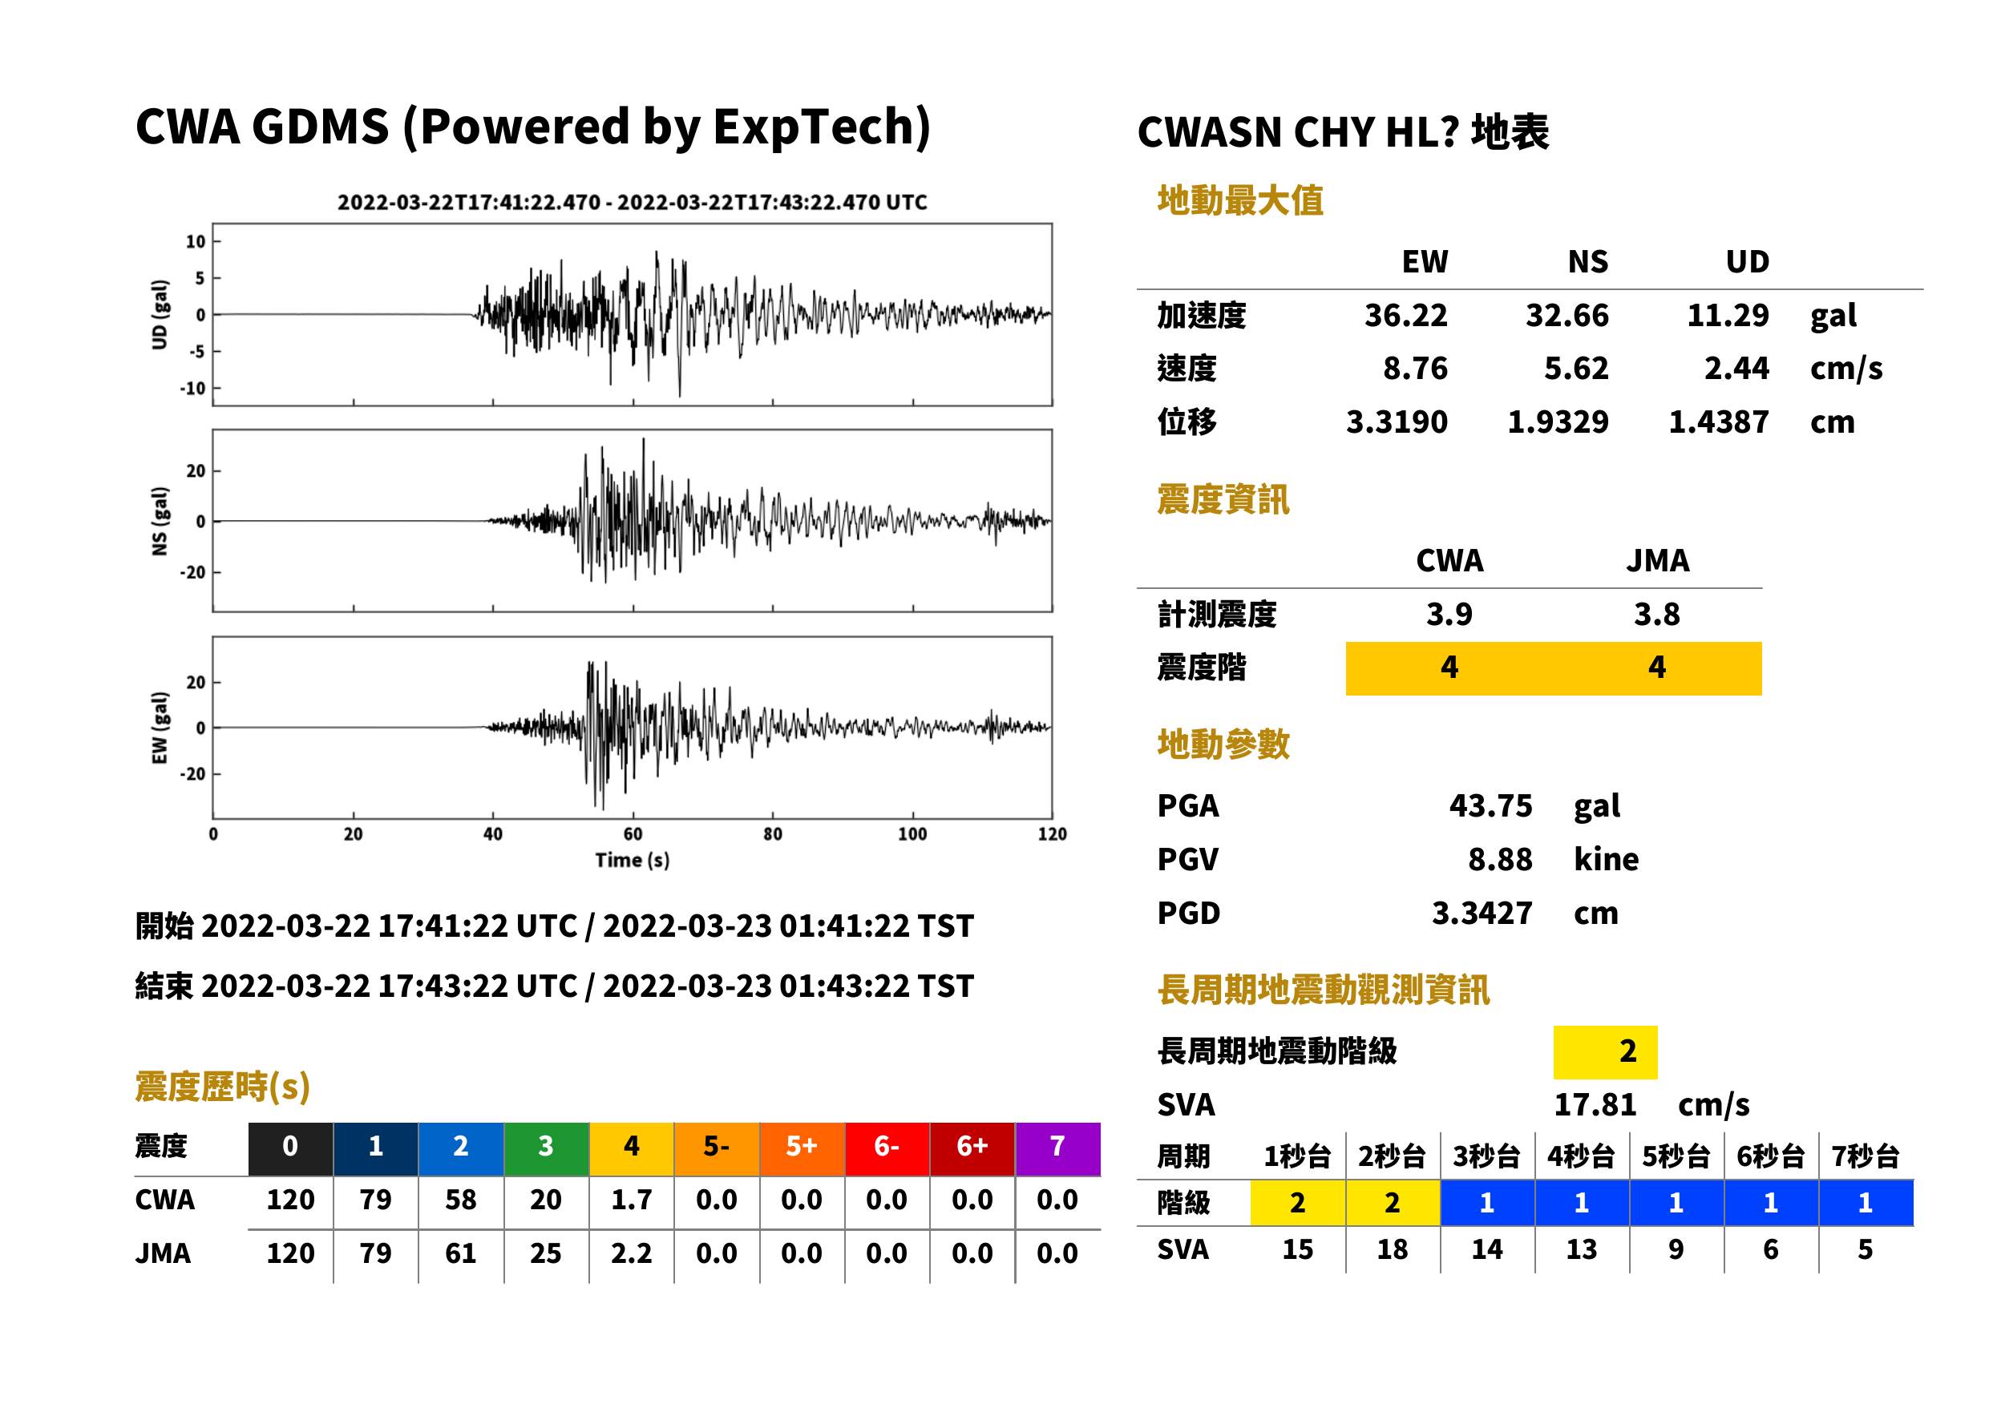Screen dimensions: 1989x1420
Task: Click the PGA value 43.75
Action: pos(1490,805)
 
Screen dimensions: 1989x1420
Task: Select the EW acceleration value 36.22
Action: pos(1405,315)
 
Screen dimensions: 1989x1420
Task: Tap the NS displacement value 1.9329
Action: pos(1558,422)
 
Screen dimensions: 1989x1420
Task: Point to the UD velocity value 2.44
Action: pos(1736,368)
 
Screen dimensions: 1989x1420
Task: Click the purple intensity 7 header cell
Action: pos(1057,1146)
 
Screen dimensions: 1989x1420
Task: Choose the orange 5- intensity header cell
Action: pos(717,1146)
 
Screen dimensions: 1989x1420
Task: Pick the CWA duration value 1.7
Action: pos(631,1200)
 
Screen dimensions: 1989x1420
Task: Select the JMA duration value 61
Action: pos(460,1253)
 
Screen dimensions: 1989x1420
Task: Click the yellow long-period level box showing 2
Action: pos(1605,1052)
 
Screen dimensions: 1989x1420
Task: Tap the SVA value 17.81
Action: pos(1595,1104)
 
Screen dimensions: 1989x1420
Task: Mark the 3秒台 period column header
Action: pos(1486,1156)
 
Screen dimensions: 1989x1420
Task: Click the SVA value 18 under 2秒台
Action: pos(1392,1249)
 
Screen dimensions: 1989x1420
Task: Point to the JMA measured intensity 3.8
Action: pos(1656,614)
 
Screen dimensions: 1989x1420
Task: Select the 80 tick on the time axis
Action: pos(772,834)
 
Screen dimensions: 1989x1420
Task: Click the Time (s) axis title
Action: pos(633,861)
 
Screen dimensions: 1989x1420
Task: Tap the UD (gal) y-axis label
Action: pos(160,315)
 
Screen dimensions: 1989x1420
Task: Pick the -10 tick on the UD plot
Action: pos(193,388)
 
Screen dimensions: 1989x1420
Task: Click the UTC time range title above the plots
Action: pos(633,202)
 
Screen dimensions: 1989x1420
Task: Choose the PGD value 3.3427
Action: pos(1482,913)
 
